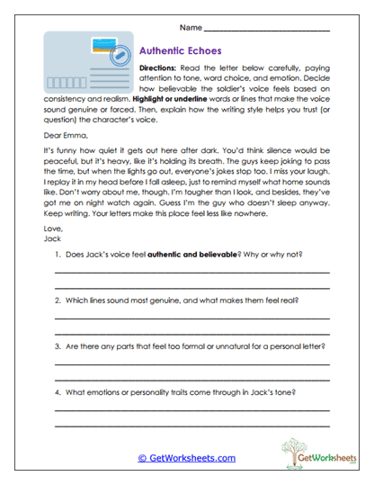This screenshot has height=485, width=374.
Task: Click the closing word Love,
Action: (x=52, y=230)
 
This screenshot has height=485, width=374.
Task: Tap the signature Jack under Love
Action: (x=51, y=240)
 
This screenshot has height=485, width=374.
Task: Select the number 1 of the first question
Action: (x=56, y=256)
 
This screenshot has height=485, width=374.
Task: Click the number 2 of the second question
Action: (x=56, y=300)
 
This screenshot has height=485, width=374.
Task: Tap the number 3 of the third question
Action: (x=56, y=346)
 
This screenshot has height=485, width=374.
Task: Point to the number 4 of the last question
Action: (x=56, y=391)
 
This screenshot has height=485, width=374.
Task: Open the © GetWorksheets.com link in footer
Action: (x=186, y=457)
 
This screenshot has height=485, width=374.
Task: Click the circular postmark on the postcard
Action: (x=116, y=59)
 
